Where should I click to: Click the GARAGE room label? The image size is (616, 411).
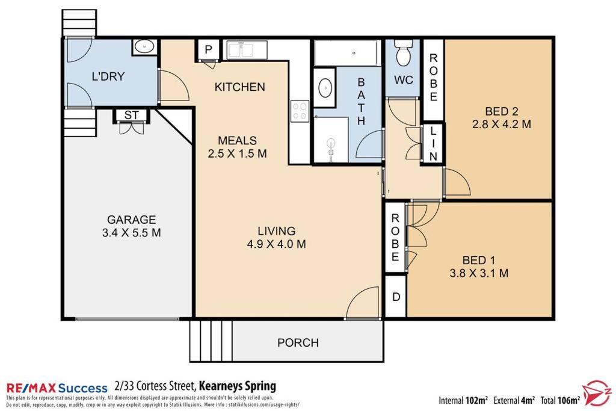[x=132, y=219]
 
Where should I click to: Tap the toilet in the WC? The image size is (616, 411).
[x=403, y=53]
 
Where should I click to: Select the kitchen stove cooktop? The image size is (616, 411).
[x=300, y=110]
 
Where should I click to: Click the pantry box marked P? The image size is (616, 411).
[x=208, y=49]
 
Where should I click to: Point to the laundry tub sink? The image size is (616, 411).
[x=144, y=47]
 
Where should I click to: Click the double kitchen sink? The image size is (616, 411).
[x=241, y=49]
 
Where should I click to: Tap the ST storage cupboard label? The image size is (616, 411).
[x=131, y=115]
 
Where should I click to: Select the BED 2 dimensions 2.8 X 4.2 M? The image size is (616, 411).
[x=502, y=124]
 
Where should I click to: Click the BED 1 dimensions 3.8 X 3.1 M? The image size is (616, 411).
[x=479, y=273]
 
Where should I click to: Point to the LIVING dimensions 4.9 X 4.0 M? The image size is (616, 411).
[x=277, y=244]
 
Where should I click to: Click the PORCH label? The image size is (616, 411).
[x=298, y=342]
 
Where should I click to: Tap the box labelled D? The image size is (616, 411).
[x=396, y=297]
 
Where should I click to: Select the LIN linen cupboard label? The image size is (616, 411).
[x=433, y=143]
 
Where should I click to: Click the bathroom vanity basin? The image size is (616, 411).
[x=325, y=87]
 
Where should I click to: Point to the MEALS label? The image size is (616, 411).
[x=237, y=140]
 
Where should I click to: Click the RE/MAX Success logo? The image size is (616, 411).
[x=57, y=388]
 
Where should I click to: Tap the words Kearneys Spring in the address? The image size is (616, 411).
[x=238, y=386]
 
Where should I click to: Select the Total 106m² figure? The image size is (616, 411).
[x=560, y=400]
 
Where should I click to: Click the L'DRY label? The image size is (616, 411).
[x=108, y=76]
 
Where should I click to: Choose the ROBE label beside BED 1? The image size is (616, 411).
[x=395, y=237]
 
